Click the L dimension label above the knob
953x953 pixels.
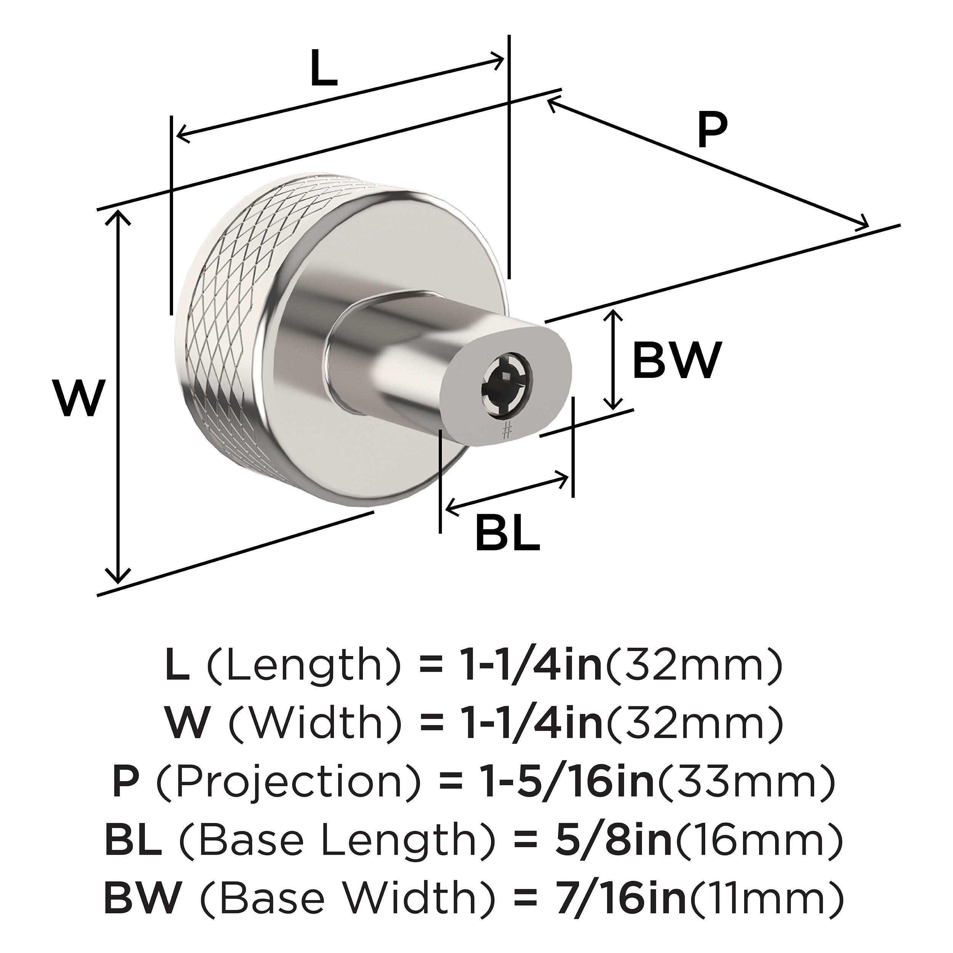(324, 68)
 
